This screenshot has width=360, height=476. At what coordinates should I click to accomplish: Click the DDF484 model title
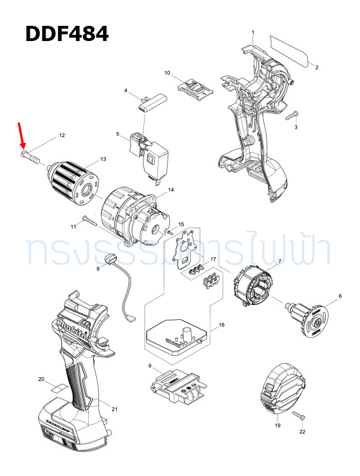click(x=67, y=34)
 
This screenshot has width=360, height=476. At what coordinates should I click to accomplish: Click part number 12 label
click(x=62, y=135)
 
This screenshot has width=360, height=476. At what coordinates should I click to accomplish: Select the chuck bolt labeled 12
click(x=30, y=156)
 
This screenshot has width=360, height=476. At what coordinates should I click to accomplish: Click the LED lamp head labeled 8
click(x=110, y=259)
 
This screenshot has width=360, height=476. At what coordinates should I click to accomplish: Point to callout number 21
click(x=115, y=409)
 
